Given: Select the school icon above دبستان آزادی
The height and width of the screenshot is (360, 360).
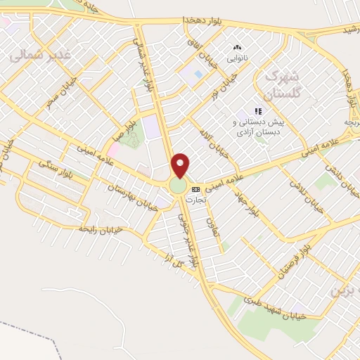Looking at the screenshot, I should [259, 110].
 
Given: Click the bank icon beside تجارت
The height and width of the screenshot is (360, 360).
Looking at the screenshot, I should [195, 189].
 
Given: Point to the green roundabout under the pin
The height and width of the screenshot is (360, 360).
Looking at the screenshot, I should [178, 186].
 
